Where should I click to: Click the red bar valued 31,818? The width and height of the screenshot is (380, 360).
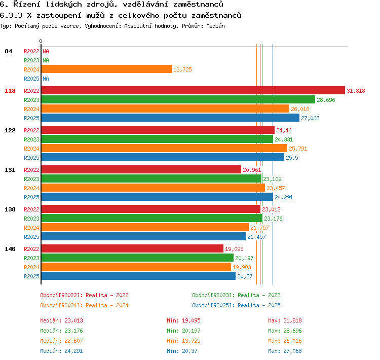tap(193, 90)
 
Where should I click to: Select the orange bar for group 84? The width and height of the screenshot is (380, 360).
tap(106, 69)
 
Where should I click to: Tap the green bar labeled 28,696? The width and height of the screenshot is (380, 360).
tap(178, 99)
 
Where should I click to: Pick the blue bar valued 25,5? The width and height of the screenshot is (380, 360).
tap(163, 157)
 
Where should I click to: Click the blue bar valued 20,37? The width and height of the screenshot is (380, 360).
tap(138, 276)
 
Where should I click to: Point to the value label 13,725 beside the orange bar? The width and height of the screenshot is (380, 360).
tap(182, 69)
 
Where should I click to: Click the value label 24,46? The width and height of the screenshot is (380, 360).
tap(284, 130)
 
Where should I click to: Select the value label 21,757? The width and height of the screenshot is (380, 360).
tap(259, 228)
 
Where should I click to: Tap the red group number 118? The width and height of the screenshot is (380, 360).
tap(10, 91)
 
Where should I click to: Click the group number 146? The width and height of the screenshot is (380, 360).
tap(10, 249)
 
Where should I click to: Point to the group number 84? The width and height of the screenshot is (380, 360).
tap(8, 51)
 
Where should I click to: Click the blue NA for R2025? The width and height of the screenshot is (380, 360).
tap(46, 79)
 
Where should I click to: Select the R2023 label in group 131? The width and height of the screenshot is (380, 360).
tap(31, 179)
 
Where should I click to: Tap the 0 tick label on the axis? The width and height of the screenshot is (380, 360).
tap(41, 41)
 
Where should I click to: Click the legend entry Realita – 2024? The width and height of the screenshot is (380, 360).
tap(107, 305)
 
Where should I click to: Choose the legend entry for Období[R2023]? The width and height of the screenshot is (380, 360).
tap(236, 295)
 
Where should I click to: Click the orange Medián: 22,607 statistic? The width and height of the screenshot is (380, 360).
tap(61, 341)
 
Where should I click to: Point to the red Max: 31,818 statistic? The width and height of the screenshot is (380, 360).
tap(285, 320)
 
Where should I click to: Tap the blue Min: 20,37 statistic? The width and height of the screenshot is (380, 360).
tap(182, 351)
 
